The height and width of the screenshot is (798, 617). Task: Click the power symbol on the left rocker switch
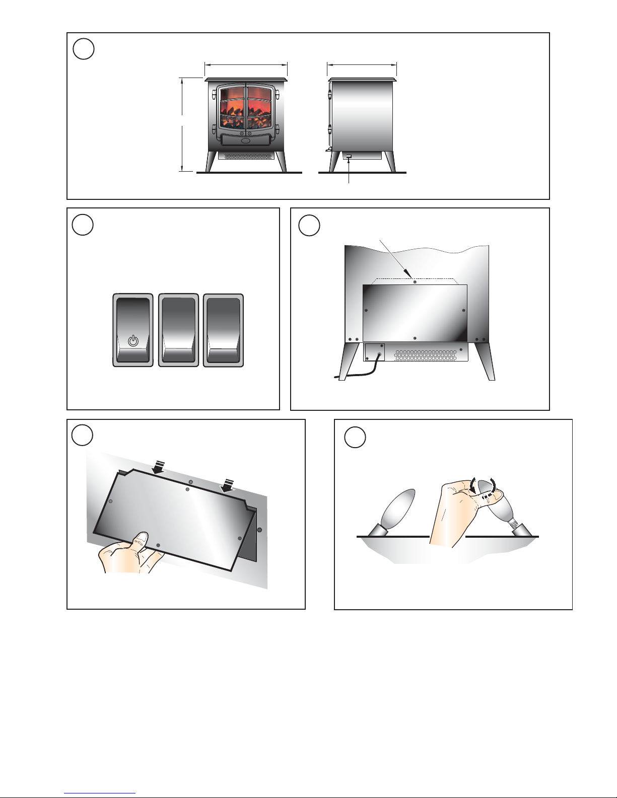(132, 341)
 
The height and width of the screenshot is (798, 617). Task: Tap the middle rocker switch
(178, 330)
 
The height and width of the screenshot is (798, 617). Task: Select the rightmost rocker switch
(223, 330)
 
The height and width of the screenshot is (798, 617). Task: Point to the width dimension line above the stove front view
(246, 64)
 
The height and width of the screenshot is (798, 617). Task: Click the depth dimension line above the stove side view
(362, 64)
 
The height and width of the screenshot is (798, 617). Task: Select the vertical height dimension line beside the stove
(182, 124)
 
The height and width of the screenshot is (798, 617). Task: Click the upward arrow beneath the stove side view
(349, 171)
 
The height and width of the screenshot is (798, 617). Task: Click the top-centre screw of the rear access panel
(414, 282)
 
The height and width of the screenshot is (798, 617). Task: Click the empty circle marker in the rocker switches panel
(83, 224)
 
